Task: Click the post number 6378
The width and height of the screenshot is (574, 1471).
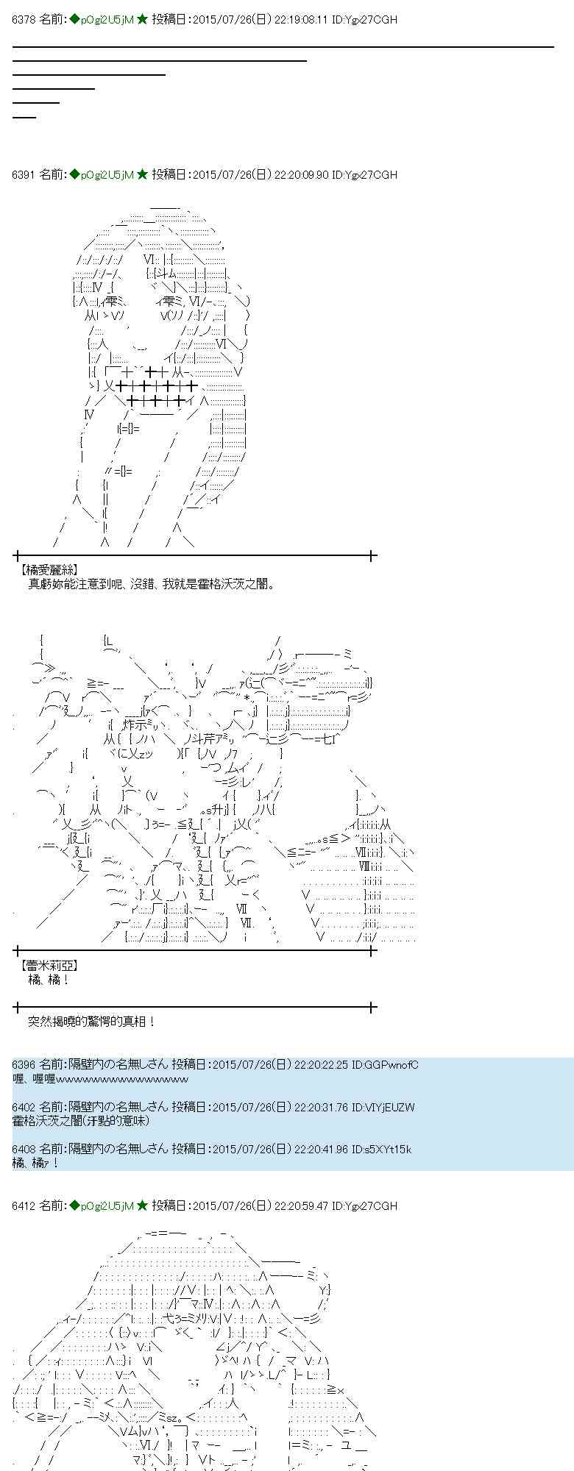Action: point(24,20)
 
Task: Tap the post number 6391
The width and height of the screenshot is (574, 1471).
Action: point(24,174)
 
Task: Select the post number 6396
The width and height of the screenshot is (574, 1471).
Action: point(24,1064)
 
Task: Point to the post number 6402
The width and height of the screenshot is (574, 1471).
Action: point(24,1107)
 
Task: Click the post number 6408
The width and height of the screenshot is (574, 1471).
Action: point(24,1150)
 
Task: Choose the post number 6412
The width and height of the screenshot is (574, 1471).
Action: point(24,1205)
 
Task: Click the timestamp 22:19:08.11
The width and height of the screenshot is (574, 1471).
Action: point(301,20)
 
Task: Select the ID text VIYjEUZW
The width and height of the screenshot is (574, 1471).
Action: point(390,1107)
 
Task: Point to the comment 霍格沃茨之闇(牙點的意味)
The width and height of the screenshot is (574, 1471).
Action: point(81,1120)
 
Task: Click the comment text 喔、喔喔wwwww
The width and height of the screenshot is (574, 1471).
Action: point(101,1078)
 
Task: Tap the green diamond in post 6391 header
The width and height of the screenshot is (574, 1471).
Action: point(74,174)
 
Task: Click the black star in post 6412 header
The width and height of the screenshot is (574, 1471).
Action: point(143,1205)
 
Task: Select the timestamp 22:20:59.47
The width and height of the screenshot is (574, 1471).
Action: point(301,1205)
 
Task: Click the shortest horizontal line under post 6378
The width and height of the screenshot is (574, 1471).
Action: point(24,116)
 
